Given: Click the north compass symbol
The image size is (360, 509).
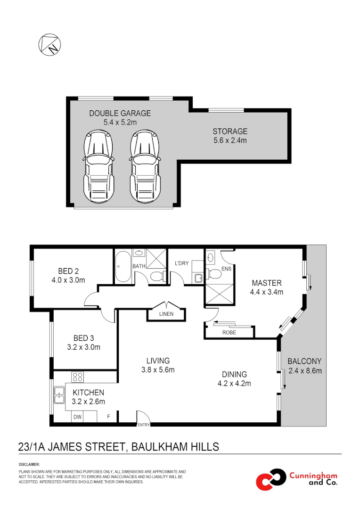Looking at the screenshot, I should point(49,44).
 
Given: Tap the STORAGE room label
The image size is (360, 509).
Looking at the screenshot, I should point(229,131).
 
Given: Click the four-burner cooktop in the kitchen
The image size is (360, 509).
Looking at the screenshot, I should point(77,377).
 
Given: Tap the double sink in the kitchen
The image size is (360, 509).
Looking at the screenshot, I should point(59,395).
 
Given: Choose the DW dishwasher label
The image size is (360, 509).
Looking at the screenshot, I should point(78,417).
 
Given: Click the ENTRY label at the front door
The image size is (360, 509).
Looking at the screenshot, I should point(143,425).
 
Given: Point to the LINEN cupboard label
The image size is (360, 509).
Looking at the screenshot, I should point(166,314).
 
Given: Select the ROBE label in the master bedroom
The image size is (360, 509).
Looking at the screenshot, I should point(229,332).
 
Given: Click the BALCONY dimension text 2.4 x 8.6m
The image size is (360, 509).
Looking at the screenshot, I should point(304,370).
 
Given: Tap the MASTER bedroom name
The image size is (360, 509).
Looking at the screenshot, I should point(266,283).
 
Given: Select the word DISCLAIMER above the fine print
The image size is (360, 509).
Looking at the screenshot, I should point(29,464).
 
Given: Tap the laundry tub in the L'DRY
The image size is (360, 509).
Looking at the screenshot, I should point(198,278).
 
